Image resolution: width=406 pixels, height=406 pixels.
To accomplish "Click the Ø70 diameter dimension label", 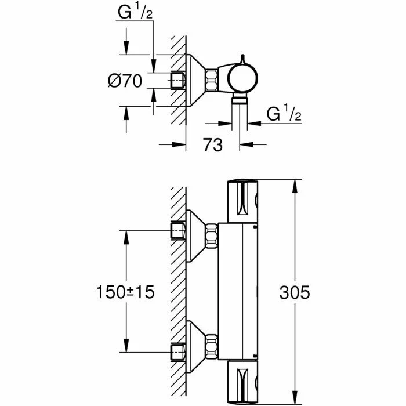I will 124,81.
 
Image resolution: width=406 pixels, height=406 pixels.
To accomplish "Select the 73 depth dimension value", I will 213,144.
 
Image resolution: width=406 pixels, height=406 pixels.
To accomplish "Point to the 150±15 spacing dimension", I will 125,292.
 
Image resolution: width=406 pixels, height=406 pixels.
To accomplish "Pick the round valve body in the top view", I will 240,81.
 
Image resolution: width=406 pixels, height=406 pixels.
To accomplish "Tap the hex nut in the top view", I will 212,80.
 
